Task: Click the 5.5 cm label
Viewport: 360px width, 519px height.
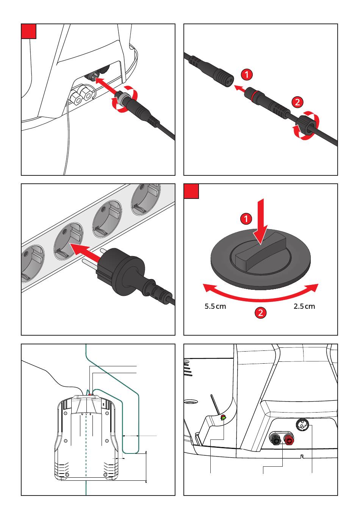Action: [x=215, y=306]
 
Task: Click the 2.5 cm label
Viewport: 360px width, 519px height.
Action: [x=304, y=306]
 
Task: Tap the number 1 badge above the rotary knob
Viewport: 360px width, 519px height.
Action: [x=246, y=219]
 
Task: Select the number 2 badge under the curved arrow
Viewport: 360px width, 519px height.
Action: [x=260, y=313]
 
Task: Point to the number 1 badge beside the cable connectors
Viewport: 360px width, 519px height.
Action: [x=247, y=74]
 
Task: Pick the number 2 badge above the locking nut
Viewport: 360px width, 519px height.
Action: [x=297, y=102]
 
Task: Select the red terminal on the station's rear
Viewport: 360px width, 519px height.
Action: [x=289, y=440]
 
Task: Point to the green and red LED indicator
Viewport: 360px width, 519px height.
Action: [x=223, y=418]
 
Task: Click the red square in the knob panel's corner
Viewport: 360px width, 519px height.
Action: [x=191, y=191]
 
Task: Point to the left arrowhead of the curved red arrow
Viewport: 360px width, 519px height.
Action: [x=207, y=288]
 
